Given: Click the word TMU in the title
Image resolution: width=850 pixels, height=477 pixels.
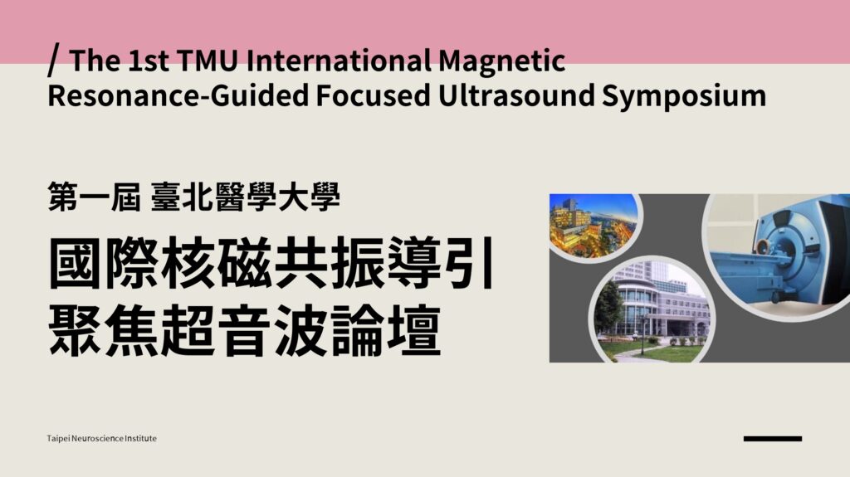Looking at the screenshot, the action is (x=207, y=61).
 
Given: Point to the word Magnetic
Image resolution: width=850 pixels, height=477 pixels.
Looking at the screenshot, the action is (x=502, y=61).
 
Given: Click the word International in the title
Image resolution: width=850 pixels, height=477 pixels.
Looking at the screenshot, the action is (x=339, y=61).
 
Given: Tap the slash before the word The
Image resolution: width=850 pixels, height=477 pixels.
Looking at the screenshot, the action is (x=53, y=61).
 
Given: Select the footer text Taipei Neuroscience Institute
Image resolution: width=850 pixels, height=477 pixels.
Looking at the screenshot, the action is (x=102, y=438).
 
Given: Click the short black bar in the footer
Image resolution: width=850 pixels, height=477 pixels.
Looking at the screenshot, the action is (x=773, y=439).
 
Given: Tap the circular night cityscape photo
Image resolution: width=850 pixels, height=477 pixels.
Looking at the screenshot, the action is (x=593, y=226).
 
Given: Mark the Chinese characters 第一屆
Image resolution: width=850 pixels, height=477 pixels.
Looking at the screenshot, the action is (x=95, y=197).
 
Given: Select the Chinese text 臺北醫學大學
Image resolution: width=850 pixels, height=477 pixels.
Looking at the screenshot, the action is (x=246, y=197).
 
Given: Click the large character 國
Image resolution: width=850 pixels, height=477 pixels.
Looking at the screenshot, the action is (x=76, y=263).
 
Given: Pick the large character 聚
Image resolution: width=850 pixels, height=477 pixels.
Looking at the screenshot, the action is (x=76, y=329).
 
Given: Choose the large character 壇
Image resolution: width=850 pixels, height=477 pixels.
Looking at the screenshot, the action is (x=413, y=329).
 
